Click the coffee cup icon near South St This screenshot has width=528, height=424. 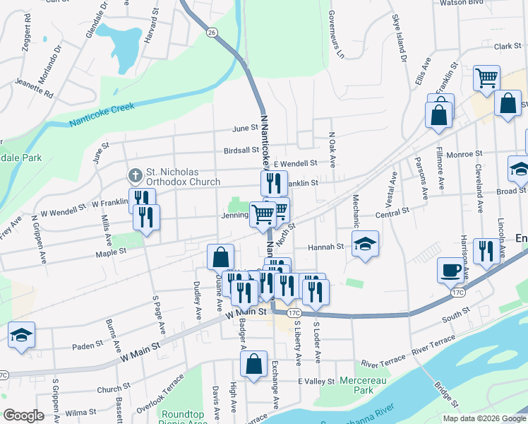point(452,269)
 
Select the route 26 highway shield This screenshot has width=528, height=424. point(211,32)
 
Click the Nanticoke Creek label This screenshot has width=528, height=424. point(102,116)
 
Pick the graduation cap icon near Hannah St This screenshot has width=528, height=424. point(365,244)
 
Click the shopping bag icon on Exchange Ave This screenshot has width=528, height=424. point(253,364)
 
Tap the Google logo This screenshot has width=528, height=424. point(23,415)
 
